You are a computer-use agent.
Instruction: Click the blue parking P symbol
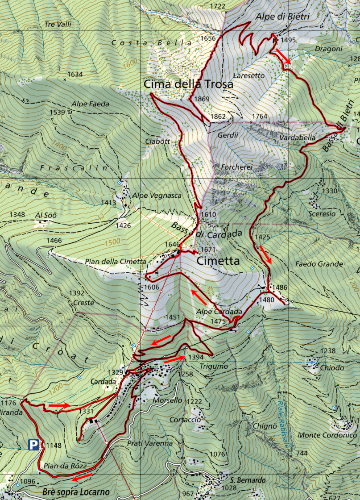coord(33,444)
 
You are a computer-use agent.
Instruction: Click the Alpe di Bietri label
coord(282,17)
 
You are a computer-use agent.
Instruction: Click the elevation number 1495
coord(288,40)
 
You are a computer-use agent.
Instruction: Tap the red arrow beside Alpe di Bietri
coord(284,56)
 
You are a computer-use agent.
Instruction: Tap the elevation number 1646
coord(172,245)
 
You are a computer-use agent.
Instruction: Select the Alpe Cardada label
coord(219,312)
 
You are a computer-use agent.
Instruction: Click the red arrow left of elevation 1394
coord(174,359)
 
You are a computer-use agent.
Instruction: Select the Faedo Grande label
coord(319,264)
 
